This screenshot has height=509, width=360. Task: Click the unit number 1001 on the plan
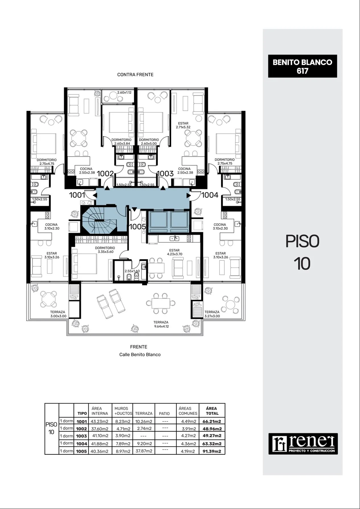[77, 195]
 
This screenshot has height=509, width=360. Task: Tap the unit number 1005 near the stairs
[137, 227]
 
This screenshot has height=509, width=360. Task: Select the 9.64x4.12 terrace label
[161, 326]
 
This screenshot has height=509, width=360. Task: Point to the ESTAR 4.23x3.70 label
[174, 252]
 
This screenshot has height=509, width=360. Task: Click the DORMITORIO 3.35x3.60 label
[105, 250]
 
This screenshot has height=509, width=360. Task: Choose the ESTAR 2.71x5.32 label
[183, 125]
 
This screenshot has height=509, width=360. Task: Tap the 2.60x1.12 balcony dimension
[124, 92]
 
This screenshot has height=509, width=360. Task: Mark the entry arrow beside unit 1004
[189, 195]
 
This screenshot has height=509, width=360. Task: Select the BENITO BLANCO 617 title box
[302, 66]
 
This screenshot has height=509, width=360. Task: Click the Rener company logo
[303, 444]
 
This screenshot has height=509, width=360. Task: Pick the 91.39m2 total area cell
[212, 451]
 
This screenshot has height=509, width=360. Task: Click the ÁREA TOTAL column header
[212, 411]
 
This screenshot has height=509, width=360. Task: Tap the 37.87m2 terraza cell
[144, 451]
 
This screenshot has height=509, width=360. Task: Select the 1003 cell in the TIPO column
[82, 436]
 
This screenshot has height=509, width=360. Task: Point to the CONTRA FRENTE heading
[135, 75]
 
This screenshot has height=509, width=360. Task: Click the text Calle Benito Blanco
[140, 355]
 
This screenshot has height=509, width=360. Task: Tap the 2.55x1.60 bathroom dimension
[132, 271]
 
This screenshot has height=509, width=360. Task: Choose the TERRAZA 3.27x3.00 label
[212, 314]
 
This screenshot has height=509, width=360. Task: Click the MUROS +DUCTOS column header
[123, 411]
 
